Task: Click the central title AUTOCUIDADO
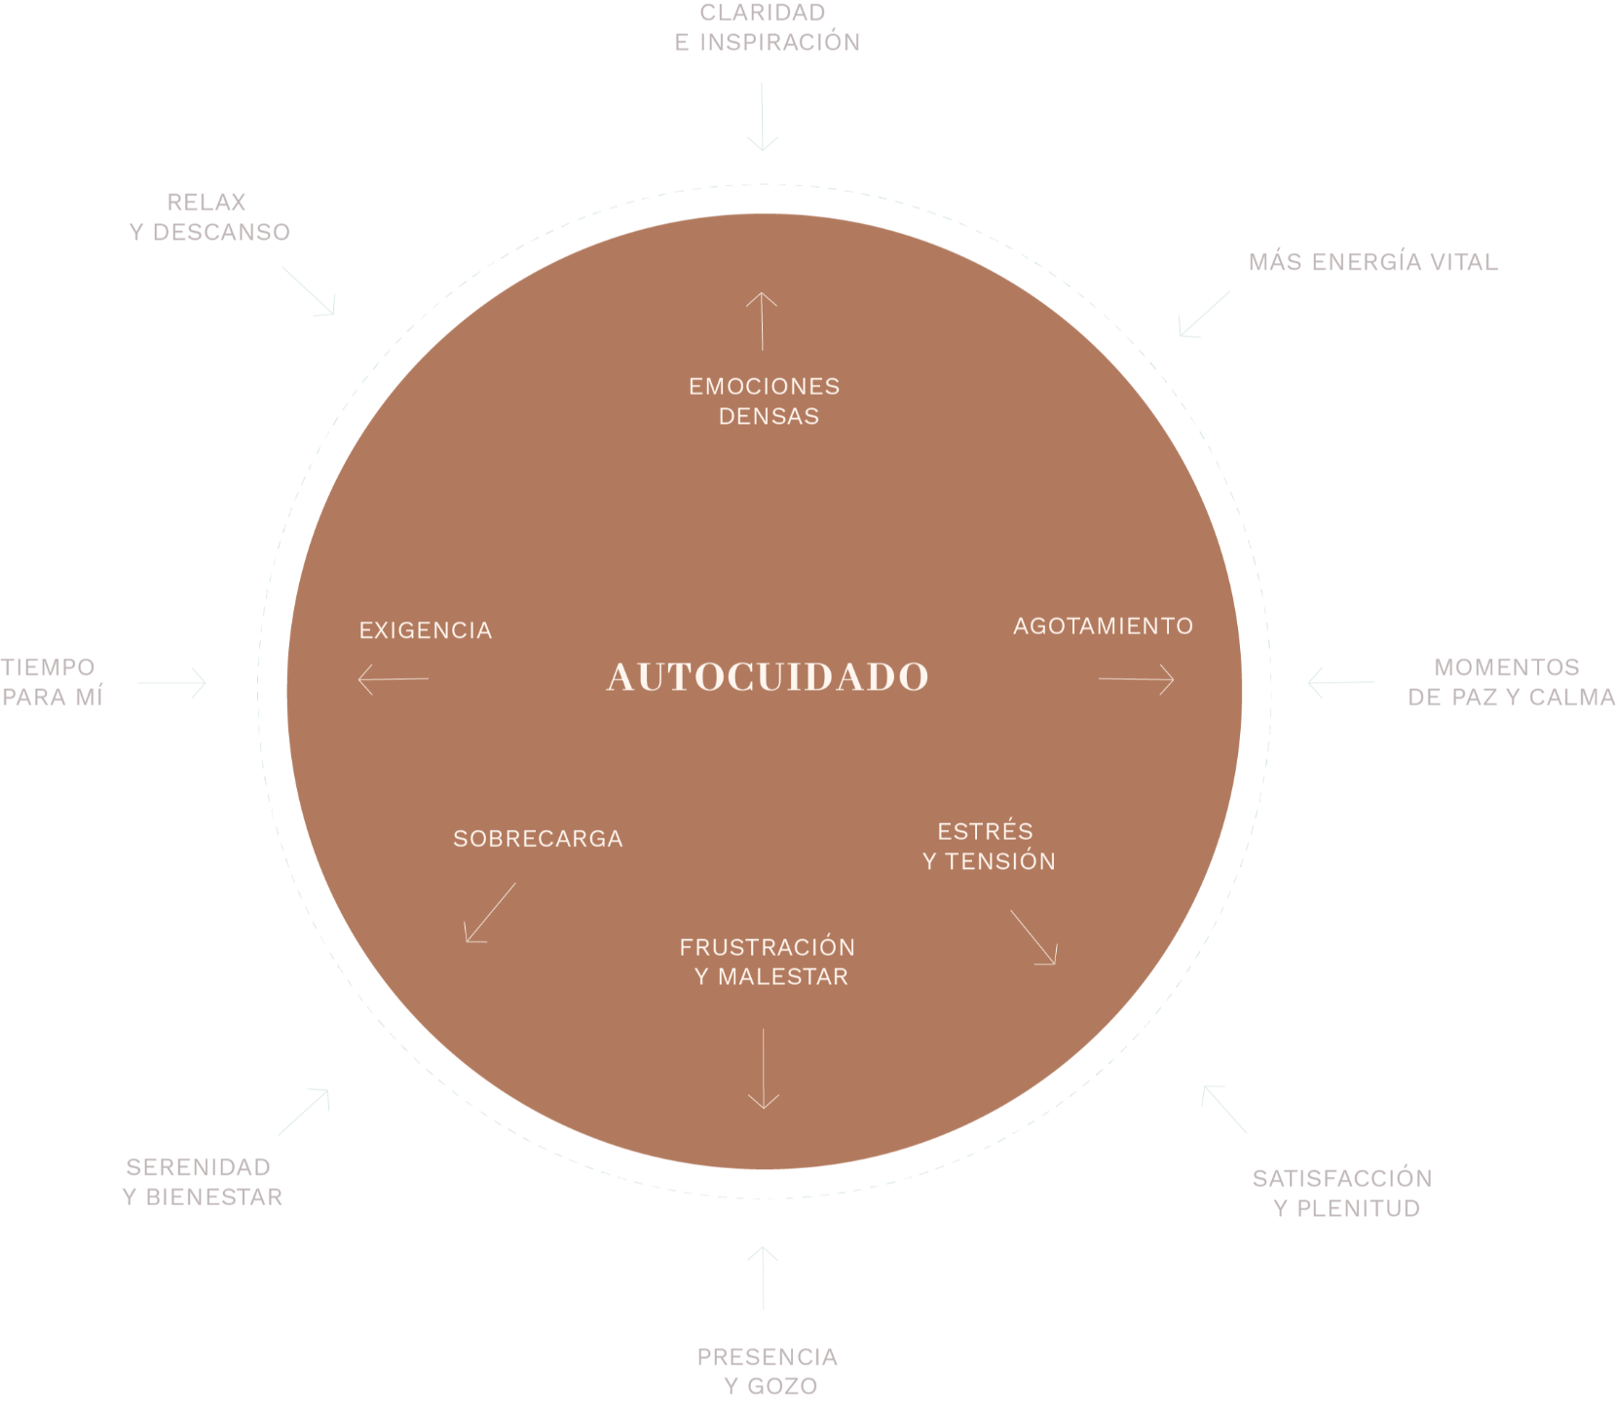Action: [x=768, y=677]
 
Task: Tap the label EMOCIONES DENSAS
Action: [x=766, y=401]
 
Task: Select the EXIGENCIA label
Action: [x=426, y=630]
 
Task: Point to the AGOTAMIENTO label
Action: [x=1103, y=626]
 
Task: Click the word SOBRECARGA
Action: [x=538, y=839]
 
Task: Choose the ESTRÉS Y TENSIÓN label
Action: [x=988, y=846]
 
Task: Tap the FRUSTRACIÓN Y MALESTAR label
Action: [x=768, y=962]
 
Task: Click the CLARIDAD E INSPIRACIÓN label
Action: [x=767, y=27]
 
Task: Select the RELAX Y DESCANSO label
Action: [x=209, y=217]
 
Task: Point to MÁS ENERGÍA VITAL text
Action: [x=1372, y=262]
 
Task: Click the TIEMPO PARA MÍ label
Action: [x=51, y=681]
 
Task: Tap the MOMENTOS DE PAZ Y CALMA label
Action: [x=1509, y=681]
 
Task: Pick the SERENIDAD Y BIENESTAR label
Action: [x=202, y=1182]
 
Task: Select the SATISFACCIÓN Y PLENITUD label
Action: [x=1342, y=1193]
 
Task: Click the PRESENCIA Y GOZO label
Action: [x=768, y=1371]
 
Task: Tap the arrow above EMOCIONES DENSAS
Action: [x=762, y=321]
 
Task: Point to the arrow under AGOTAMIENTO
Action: [x=1136, y=679]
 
